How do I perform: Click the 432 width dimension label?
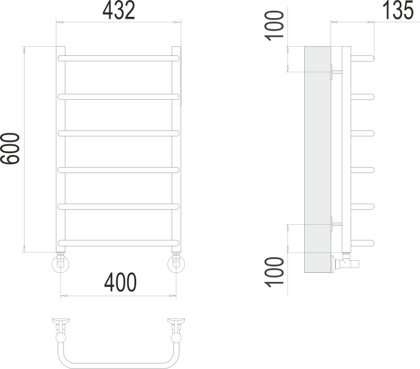(x=118, y=10)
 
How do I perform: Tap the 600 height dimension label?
(x=11, y=148)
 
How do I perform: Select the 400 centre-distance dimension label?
(x=120, y=281)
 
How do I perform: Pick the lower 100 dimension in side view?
(x=275, y=272)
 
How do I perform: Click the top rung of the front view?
(x=119, y=58)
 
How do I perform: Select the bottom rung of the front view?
(x=119, y=243)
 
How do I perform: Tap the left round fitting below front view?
(x=61, y=263)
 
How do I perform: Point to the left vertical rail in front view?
(x=61, y=150)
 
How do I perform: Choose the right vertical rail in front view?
(x=176, y=150)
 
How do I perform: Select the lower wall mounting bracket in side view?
(x=336, y=224)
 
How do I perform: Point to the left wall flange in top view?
(x=61, y=322)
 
